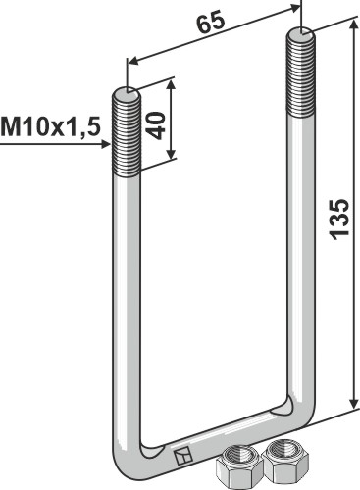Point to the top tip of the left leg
[129, 92]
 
